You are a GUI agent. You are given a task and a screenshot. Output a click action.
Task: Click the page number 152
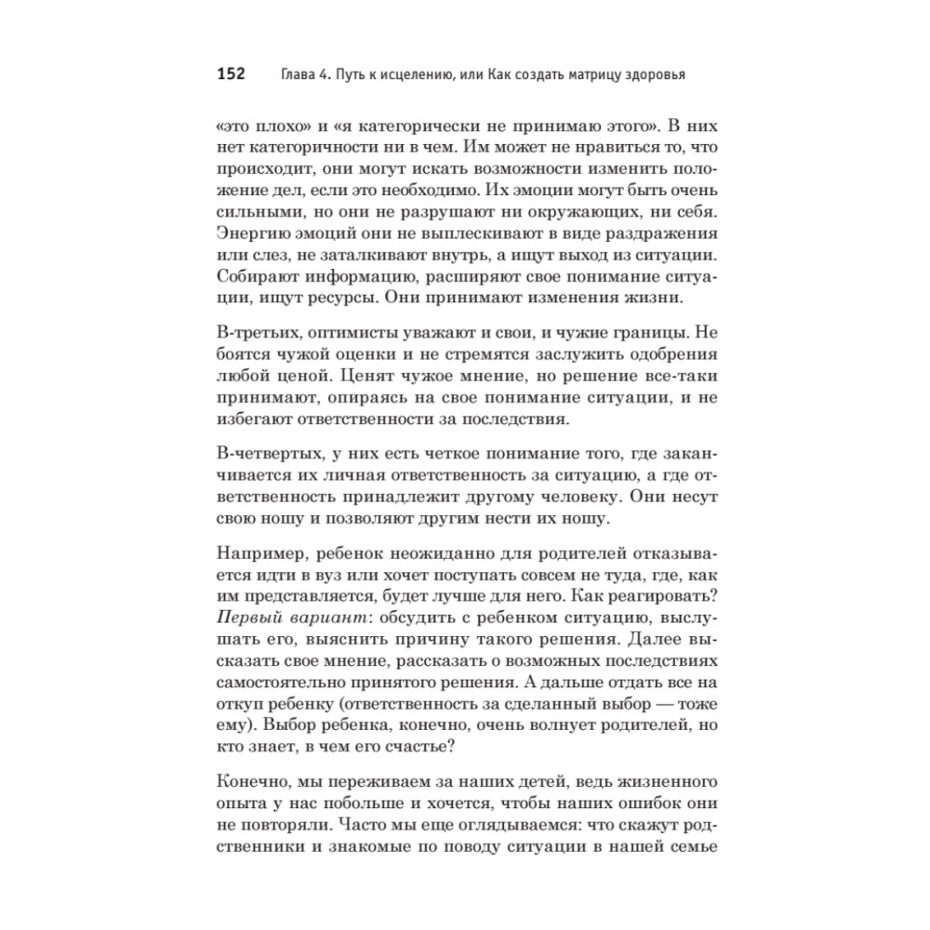coord(229,73)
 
